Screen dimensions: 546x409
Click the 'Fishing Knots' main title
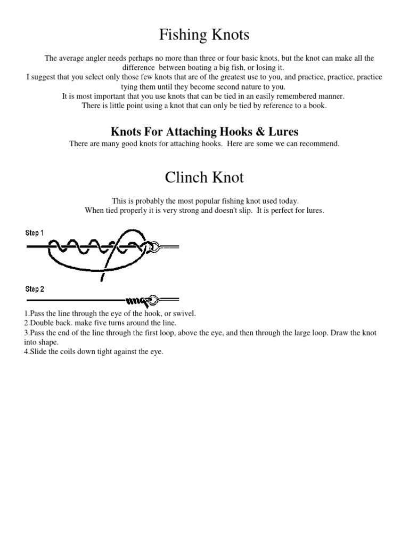204,36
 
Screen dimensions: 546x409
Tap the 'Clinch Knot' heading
204,177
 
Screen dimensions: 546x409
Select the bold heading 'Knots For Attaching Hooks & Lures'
204,132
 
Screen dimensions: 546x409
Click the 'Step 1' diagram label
35,233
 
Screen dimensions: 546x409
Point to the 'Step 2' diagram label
35,289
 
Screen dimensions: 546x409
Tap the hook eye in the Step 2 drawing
153,299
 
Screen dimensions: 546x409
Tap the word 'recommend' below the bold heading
318,144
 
